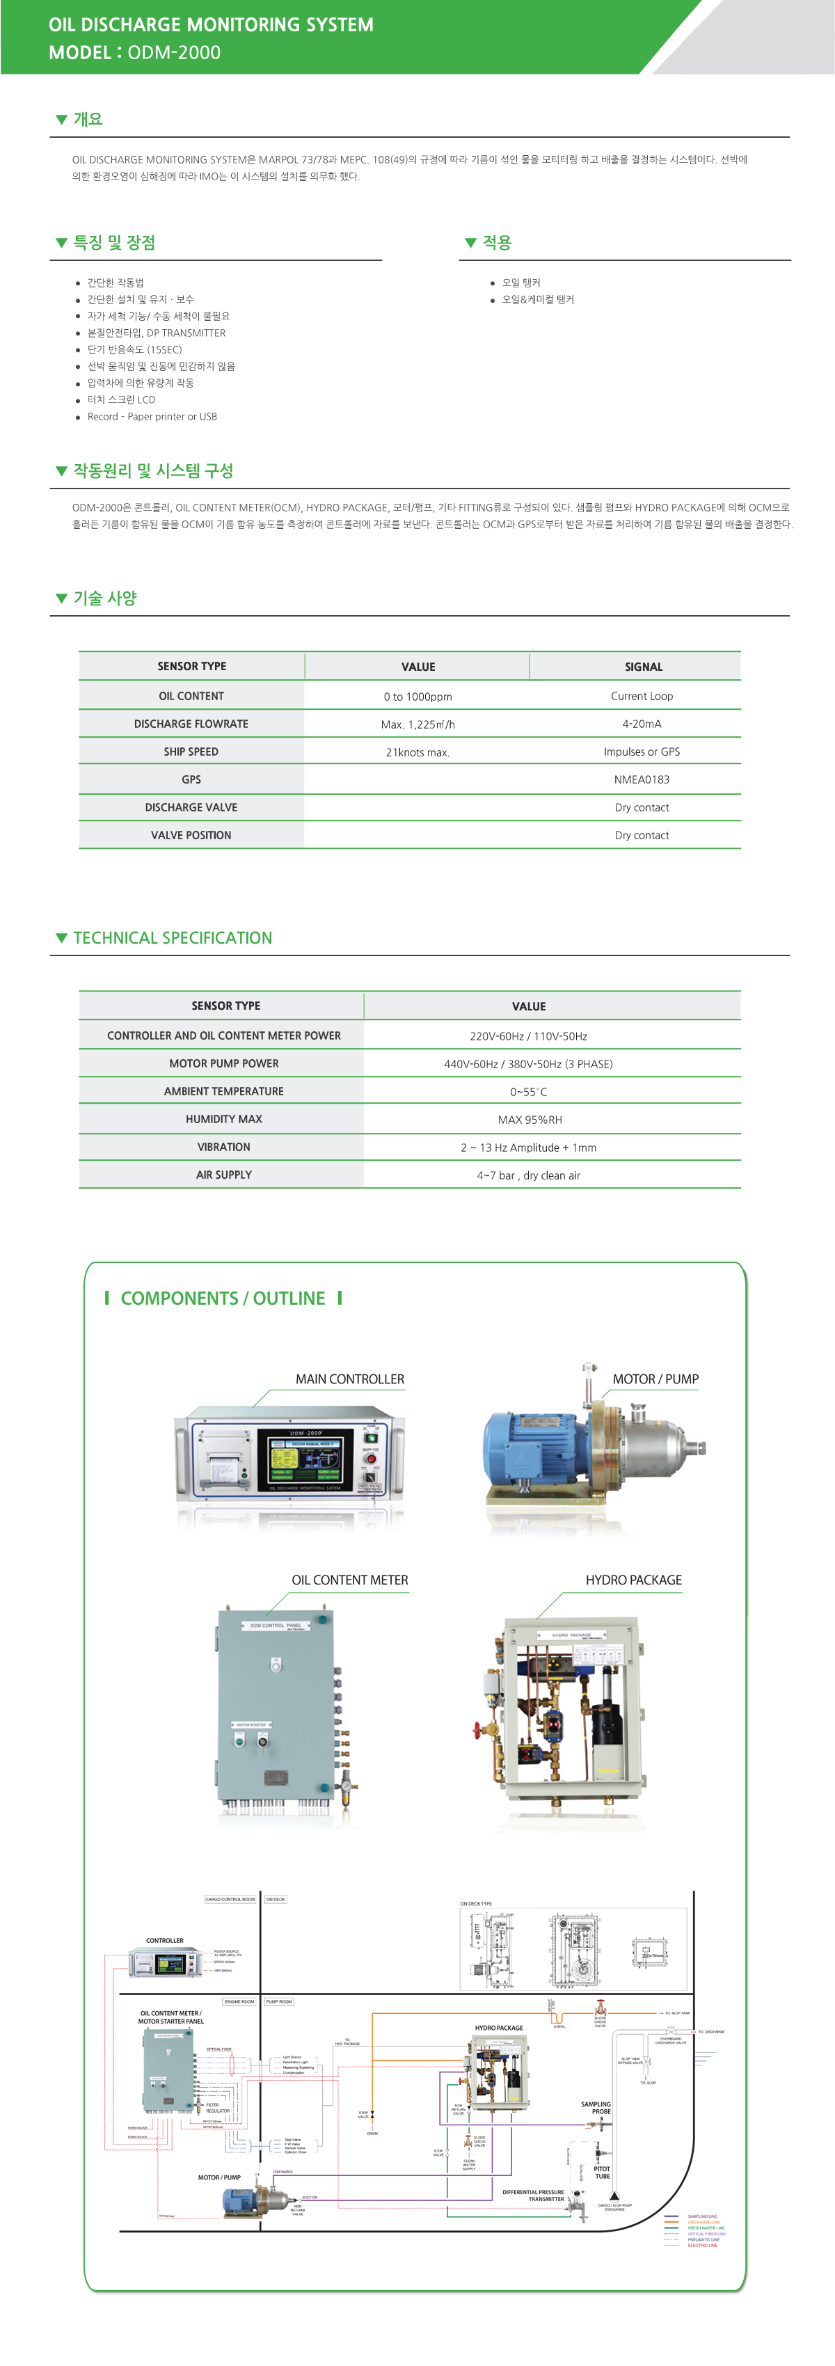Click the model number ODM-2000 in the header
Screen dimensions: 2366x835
pyautogui.click(x=174, y=52)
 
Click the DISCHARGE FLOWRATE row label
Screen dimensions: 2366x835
pyautogui.click(x=191, y=724)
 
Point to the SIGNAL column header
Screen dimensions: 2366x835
pyautogui.click(x=643, y=667)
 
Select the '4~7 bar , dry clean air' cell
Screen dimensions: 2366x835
pyautogui.click(x=528, y=1175)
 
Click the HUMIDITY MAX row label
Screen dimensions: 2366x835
pyautogui.click(x=223, y=1120)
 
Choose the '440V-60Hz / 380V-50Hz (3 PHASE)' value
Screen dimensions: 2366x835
pyautogui.click(x=528, y=1063)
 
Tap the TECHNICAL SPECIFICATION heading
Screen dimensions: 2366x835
pyautogui.click(x=173, y=938)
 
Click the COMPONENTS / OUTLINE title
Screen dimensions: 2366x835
pyautogui.click(x=223, y=1298)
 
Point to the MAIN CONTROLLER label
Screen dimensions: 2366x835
pyautogui.click(x=349, y=1379)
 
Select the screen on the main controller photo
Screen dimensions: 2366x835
pyautogui.click(x=304, y=1459)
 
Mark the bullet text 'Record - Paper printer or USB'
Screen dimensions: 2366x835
pyautogui.click(x=152, y=417)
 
